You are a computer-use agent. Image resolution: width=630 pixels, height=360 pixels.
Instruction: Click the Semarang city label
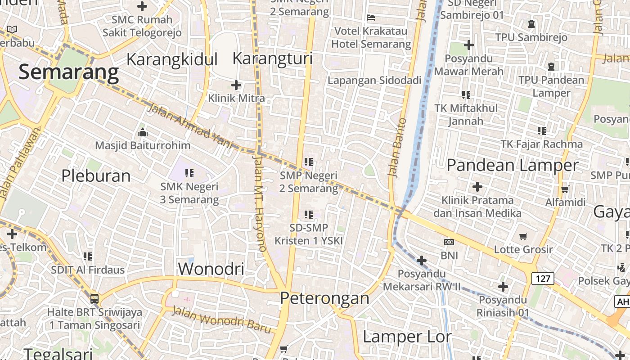[x=69, y=72]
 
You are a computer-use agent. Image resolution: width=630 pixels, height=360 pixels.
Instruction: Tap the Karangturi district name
[x=272, y=58]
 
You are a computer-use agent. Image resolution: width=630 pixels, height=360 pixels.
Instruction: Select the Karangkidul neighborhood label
[x=172, y=59]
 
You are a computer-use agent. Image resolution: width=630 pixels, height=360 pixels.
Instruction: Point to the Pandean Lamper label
[x=512, y=165]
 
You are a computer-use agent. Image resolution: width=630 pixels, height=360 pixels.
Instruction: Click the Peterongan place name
[x=324, y=298]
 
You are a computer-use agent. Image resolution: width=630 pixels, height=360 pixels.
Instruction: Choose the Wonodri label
[x=211, y=269]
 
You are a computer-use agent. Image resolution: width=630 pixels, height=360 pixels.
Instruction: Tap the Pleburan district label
[x=96, y=175]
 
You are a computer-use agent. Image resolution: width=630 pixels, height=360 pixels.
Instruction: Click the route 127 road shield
[x=543, y=279]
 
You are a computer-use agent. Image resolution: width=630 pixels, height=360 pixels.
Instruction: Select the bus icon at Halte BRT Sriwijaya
[x=94, y=298]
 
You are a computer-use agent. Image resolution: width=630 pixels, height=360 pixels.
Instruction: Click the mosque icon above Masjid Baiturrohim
[x=143, y=132]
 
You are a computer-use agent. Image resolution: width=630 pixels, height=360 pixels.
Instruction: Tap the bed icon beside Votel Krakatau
[x=371, y=18]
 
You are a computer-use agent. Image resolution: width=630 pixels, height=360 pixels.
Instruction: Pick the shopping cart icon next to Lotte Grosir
[x=523, y=236]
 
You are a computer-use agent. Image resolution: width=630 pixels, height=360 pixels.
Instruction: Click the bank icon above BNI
[x=449, y=242]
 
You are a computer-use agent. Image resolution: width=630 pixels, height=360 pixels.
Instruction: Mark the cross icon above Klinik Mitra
[x=236, y=85]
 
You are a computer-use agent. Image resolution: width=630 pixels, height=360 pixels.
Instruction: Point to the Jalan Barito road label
[x=396, y=147]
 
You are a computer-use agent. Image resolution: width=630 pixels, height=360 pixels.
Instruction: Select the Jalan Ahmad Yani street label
[x=191, y=126]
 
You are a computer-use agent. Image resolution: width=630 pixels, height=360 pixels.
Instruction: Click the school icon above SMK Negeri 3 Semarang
[x=189, y=173]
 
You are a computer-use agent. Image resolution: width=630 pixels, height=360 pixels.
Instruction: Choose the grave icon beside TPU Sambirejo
[x=531, y=24]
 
